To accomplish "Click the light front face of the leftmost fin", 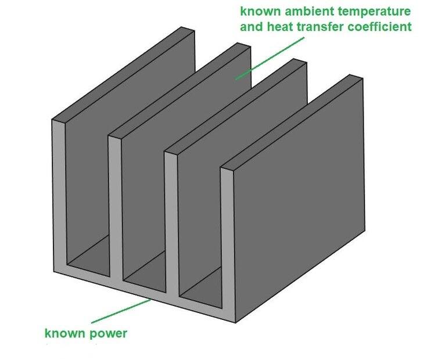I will tap(58, 197).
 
